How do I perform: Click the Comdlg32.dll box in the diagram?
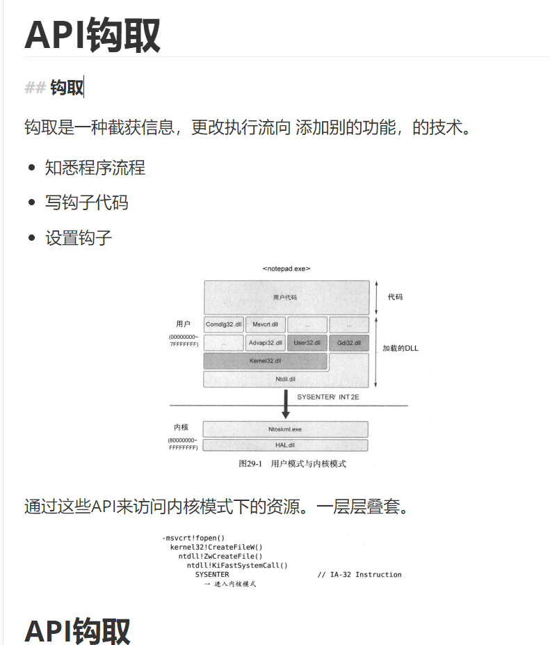tap(224, 324)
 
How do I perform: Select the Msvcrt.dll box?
tap(265, 324)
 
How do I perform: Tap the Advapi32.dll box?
tap(265, 343)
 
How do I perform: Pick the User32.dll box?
tap(307, 343)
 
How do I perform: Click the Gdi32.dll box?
tap(348, 343)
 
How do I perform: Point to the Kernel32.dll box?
tap(265, 361)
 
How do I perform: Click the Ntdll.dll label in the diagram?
tap(285, 379)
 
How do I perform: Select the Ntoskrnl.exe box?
tap(285, 429)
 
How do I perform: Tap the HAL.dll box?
tap(285, 445)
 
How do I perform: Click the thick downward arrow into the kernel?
tap(285, 404)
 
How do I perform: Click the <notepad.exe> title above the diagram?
tap(286, 269)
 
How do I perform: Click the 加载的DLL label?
tap(401, 349)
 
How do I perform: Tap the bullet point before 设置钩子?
tap(31, 239)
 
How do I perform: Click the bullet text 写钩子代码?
tap(87, 203)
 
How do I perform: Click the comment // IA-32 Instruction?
tap(359, 575)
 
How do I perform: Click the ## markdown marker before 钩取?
tap(35, 88)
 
